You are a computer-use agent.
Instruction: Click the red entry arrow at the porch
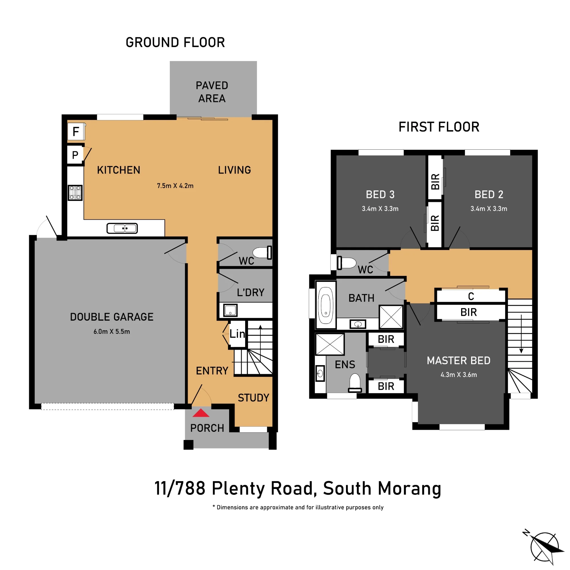coord(201,413)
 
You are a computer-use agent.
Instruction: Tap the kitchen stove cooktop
coord(75,193)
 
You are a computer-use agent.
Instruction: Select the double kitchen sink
coord(122,228)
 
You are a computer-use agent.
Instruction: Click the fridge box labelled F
coord(76,131)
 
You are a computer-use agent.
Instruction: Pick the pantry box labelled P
coord(75,155)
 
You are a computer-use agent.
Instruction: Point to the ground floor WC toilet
coord(262,253)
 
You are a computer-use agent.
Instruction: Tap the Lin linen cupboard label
coord(237,334)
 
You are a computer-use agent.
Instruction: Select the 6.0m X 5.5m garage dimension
coord(112,332)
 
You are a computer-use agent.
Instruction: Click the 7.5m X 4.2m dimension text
coord(175,186)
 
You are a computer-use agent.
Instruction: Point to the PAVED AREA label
coord(212,92)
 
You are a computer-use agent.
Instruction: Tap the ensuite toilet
coord(355,383)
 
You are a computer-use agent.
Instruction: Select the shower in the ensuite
coord(330,344)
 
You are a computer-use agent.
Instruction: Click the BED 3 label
coord(380,195)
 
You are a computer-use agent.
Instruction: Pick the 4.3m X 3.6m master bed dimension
coord(459,375)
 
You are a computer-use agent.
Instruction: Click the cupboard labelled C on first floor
coord(471,296)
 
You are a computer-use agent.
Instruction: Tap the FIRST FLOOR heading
coord(439,127)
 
